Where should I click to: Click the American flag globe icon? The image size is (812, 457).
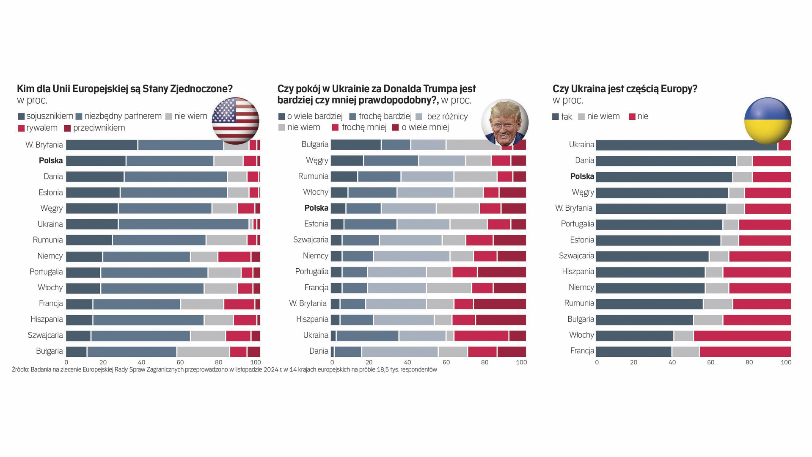(235, 121)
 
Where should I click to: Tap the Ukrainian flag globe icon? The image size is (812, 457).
(768, 121)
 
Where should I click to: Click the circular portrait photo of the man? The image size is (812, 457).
(505, 123)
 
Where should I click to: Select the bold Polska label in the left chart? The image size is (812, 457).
(51, 161)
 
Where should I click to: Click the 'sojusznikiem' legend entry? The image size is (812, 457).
(45, 116)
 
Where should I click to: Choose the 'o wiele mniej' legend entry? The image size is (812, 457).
(421, 127)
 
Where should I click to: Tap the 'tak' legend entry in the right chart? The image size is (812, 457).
(562, 116)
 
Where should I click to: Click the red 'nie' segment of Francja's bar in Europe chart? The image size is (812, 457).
(745, 352)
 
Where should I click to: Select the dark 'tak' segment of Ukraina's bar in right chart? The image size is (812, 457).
(686, 145)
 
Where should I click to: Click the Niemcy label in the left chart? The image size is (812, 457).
(50, 256)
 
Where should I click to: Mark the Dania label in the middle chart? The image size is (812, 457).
(319, 351)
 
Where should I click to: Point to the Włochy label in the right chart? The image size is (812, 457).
(581, 335)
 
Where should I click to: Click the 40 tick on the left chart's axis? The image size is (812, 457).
(141, 363)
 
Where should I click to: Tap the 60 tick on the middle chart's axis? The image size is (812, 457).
(446, 363)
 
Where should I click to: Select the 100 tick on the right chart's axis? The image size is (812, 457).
(786, 363)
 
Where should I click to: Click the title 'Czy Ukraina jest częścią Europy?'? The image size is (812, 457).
(625, 89)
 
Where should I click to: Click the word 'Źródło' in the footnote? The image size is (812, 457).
(20, 370)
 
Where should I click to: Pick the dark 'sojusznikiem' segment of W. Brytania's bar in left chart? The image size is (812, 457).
(102, 145)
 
